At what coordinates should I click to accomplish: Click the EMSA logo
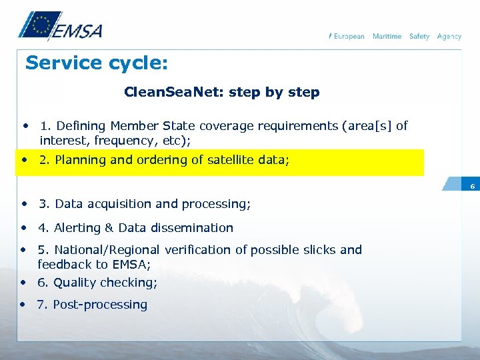click(60, 27)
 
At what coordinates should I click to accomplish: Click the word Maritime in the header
click(387, 36)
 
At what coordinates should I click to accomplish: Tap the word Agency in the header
click(449, 36)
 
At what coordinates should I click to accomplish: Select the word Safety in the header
click(419, 36)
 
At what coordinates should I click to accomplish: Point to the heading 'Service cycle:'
click(96, 63)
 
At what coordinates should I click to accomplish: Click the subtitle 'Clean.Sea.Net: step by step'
click(222, 93)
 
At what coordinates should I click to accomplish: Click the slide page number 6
click(472, 186)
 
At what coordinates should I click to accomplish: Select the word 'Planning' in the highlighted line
click(80, 160)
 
